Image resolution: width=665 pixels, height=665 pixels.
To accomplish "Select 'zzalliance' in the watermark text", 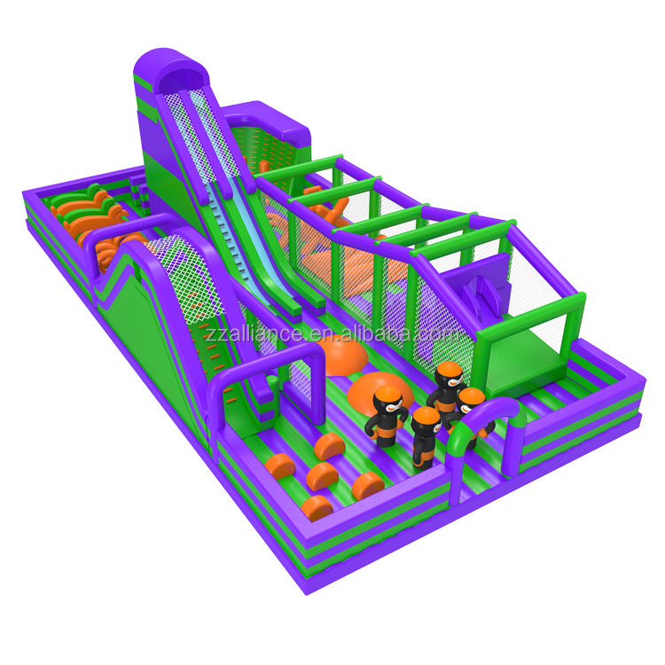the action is pyautogui.click(x=254, y=333).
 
